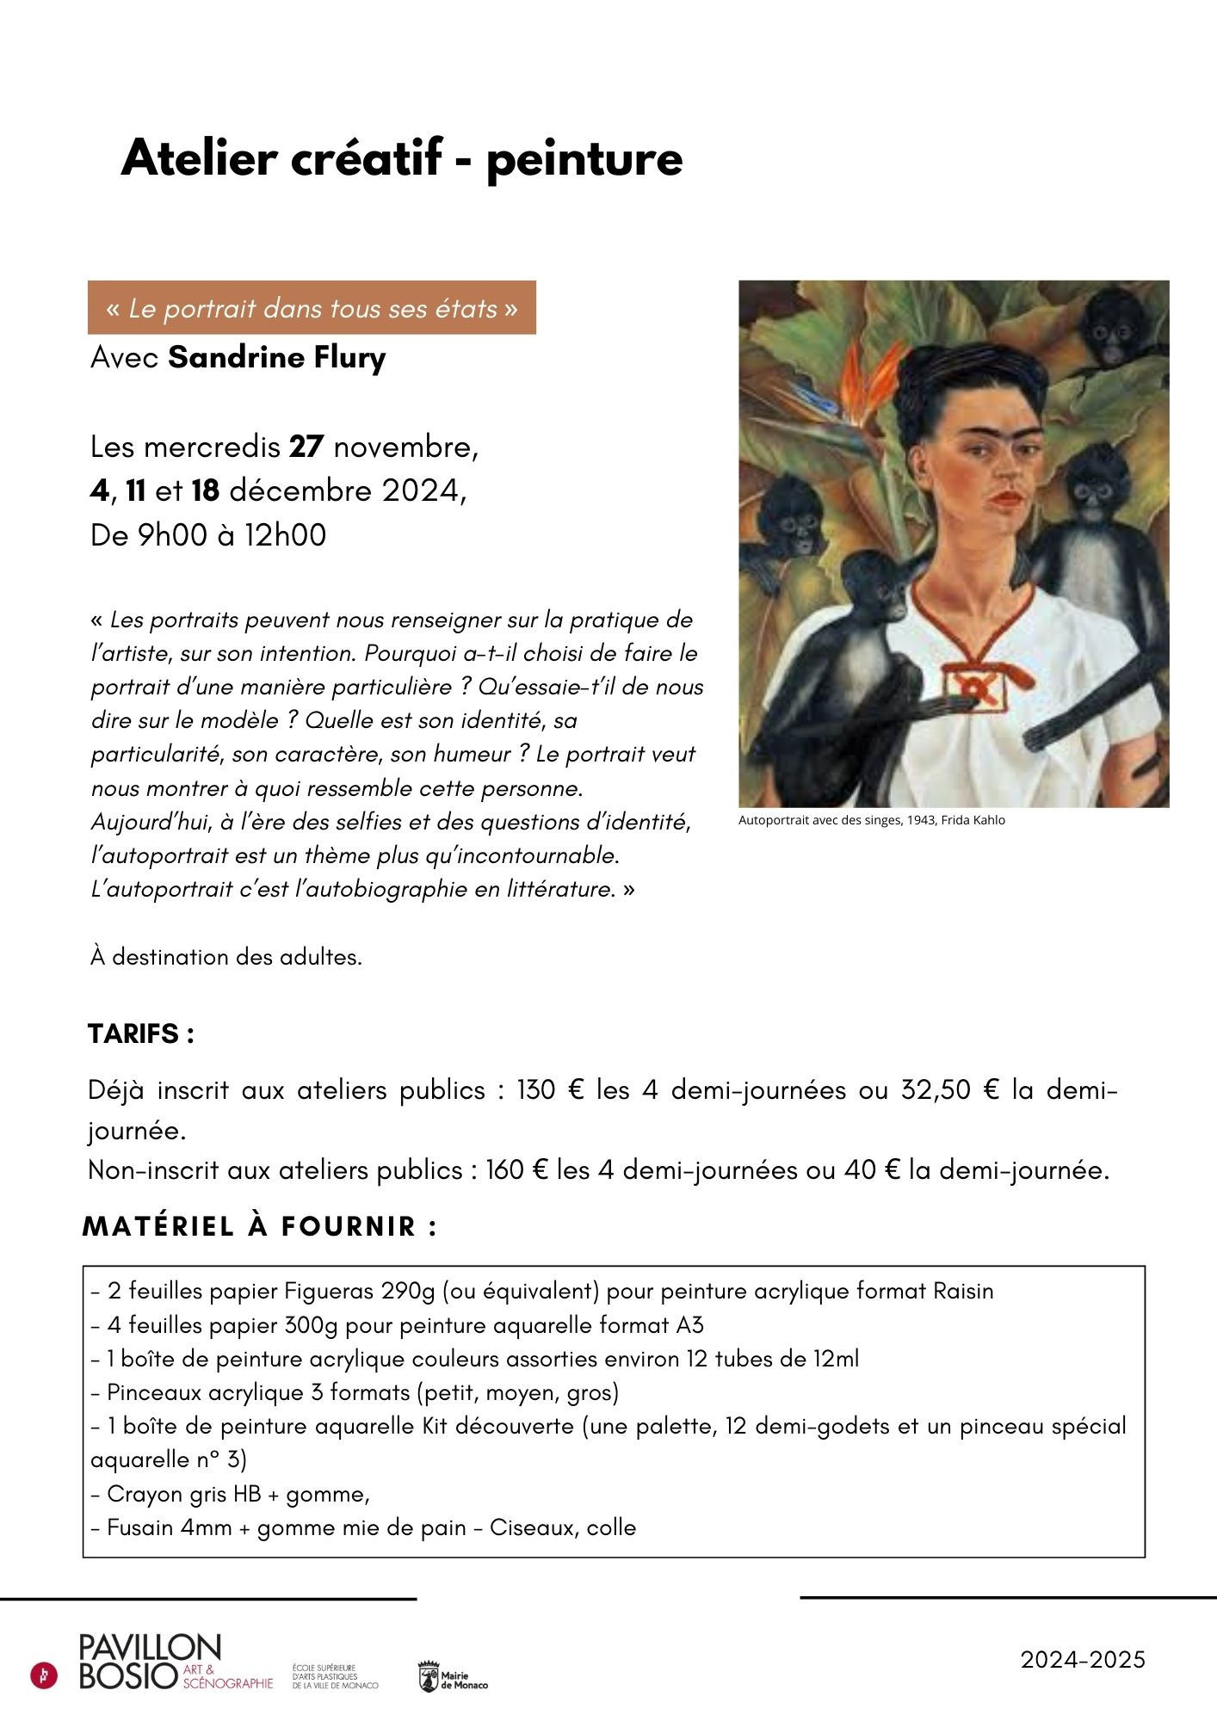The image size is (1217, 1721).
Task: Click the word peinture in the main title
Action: (584, 160)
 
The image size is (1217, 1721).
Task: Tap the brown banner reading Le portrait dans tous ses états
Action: (312, 307)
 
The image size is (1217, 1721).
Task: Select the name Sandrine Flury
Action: (276, 357)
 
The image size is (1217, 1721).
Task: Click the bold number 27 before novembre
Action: (306, 447)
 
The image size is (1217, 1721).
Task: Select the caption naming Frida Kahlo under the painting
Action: (871, 820)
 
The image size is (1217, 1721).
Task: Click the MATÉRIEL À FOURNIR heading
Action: (259, 1226)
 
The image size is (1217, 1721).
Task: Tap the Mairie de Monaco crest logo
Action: (429, 1677)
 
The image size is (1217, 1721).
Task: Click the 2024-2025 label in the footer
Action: (1083, 1659)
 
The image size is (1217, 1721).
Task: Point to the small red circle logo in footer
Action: (44, 1675)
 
